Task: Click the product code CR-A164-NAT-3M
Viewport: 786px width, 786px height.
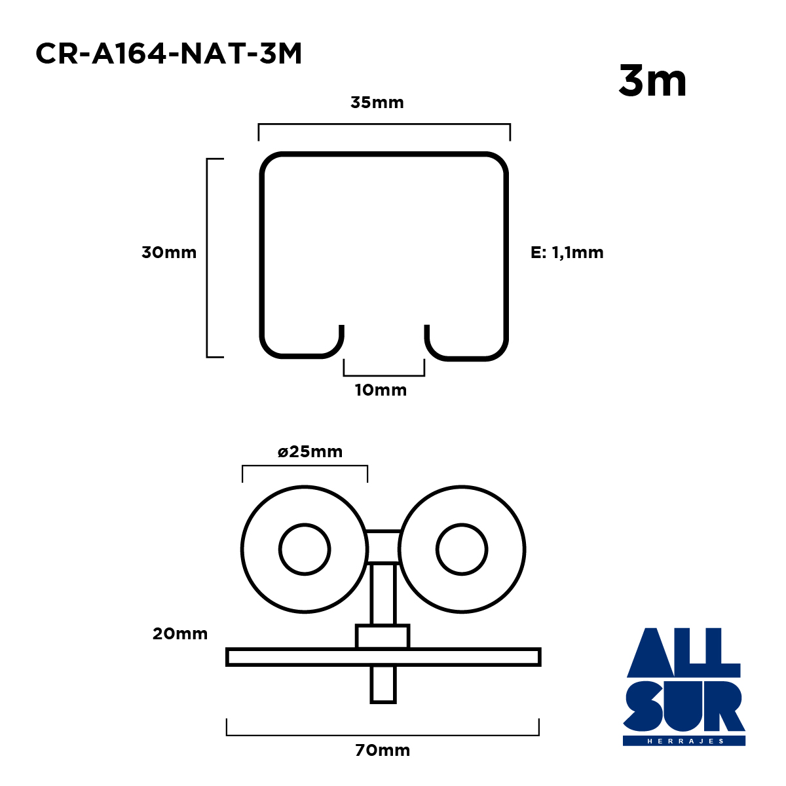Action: (168, 54)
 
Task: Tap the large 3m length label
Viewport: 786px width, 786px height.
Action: (652, 81)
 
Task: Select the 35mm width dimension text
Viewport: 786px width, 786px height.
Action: (377, 102)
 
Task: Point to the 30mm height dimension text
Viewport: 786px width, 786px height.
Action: (169, 252)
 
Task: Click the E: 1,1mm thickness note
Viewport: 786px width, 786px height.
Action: (567, 252)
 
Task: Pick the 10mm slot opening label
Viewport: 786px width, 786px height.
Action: (381, 390)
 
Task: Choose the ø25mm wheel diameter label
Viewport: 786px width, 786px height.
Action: (310, 451)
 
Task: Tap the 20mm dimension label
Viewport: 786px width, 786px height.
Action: (180, 633)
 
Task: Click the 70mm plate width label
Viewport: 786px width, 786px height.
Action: (382, 750)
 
